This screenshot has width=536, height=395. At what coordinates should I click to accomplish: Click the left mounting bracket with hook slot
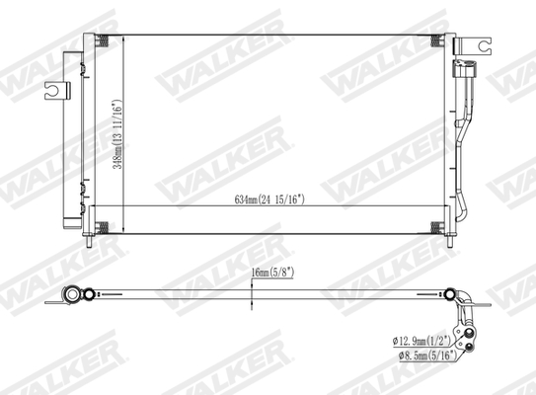tap(57, 89)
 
